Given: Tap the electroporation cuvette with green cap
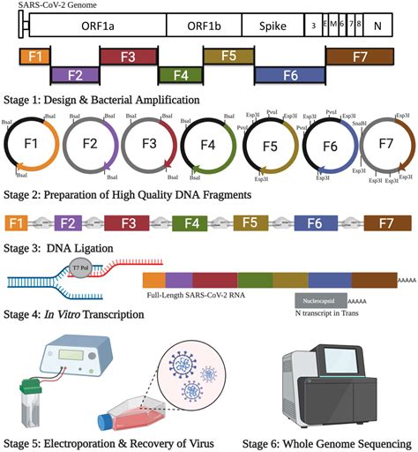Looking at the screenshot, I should click(x=36, y=402).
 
